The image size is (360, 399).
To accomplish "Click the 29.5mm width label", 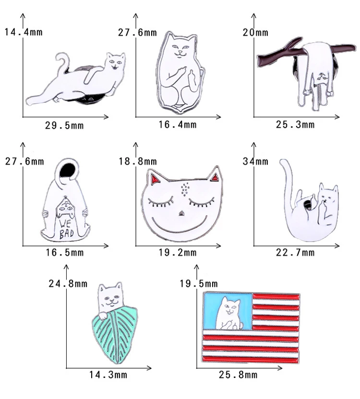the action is [x=64, y=125].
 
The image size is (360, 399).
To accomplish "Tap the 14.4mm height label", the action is [x=24, y=32].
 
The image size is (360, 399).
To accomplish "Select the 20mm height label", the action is [x=255, y=32].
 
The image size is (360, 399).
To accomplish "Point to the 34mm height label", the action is [x=255, y=161].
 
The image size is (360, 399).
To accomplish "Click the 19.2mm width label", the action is [x=178, y=253].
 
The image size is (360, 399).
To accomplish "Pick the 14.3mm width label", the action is [x=108, y=375].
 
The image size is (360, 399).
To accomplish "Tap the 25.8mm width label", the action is [x=238, y=375].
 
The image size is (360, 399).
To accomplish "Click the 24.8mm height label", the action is [x=68, y=283].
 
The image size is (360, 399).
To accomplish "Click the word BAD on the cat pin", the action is [x=66, y=234].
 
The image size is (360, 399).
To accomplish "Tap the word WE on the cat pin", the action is [x=65, y=224].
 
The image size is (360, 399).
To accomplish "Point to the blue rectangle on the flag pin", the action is [x=228, y=311].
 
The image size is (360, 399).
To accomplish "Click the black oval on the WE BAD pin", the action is [x=67, y=170].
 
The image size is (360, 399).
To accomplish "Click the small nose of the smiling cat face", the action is [x=181, y=213].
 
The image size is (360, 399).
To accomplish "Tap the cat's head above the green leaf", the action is [x=111, y=295].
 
